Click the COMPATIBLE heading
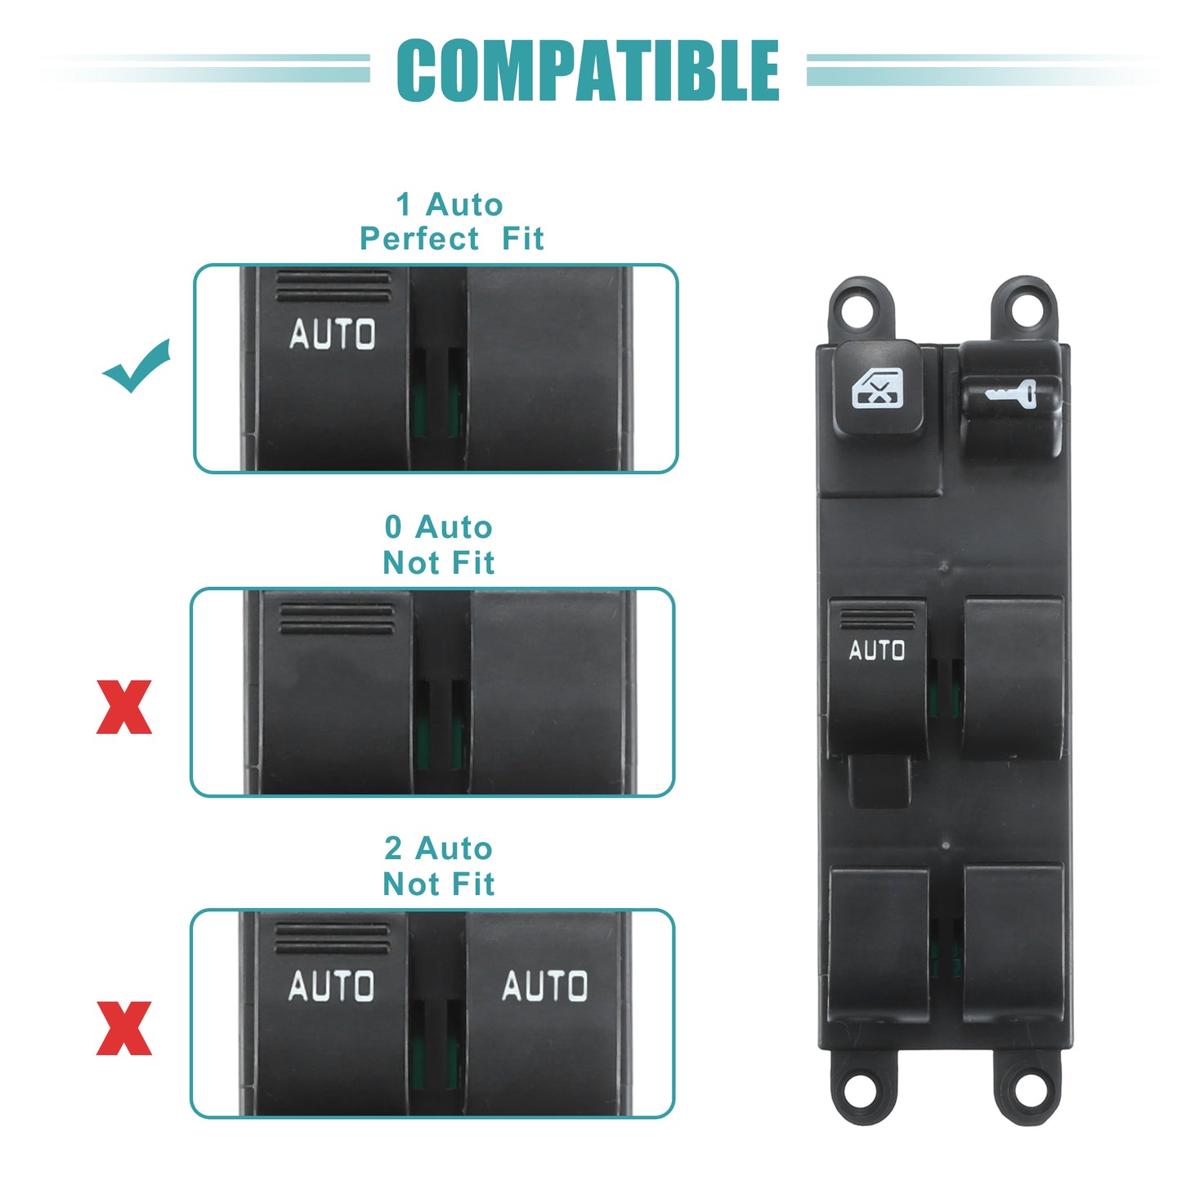[588, 70]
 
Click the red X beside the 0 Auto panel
[124, 707]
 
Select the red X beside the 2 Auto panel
[124, 1028]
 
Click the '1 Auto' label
[450, 204]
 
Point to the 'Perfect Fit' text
[451, 238]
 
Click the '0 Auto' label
[439, 526]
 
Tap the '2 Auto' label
[439, 848]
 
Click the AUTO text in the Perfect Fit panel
[333, 333]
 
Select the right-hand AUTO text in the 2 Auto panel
[545, 986]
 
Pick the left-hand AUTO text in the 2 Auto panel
[331, 986]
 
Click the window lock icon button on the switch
[878, 388]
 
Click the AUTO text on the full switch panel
[877, 650]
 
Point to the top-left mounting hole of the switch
[861, 310]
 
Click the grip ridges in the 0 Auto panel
[337, 620]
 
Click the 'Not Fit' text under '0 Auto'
[439, 562]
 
